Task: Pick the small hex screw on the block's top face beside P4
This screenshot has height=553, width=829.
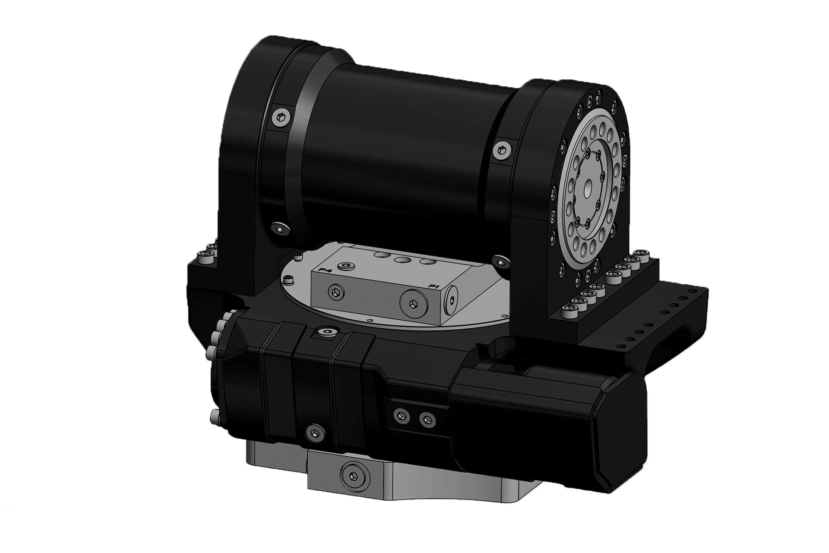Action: click(346, 266)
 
